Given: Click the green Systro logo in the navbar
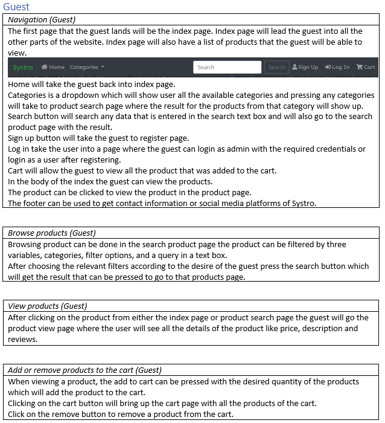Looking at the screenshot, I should [23, 67].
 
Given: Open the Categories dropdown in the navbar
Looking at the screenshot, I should [86, 67].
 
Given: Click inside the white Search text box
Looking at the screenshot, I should [227, 67].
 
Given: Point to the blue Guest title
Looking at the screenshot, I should [16, 7].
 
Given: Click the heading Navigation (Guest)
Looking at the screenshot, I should [42, 20].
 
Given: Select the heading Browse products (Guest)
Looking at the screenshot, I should [52, 233].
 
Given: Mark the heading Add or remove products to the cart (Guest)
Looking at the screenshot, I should [84, 370].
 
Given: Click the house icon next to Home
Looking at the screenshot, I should [45, 67].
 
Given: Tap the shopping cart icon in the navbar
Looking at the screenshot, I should [359, 67].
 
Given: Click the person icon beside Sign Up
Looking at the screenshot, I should [294, 67].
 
